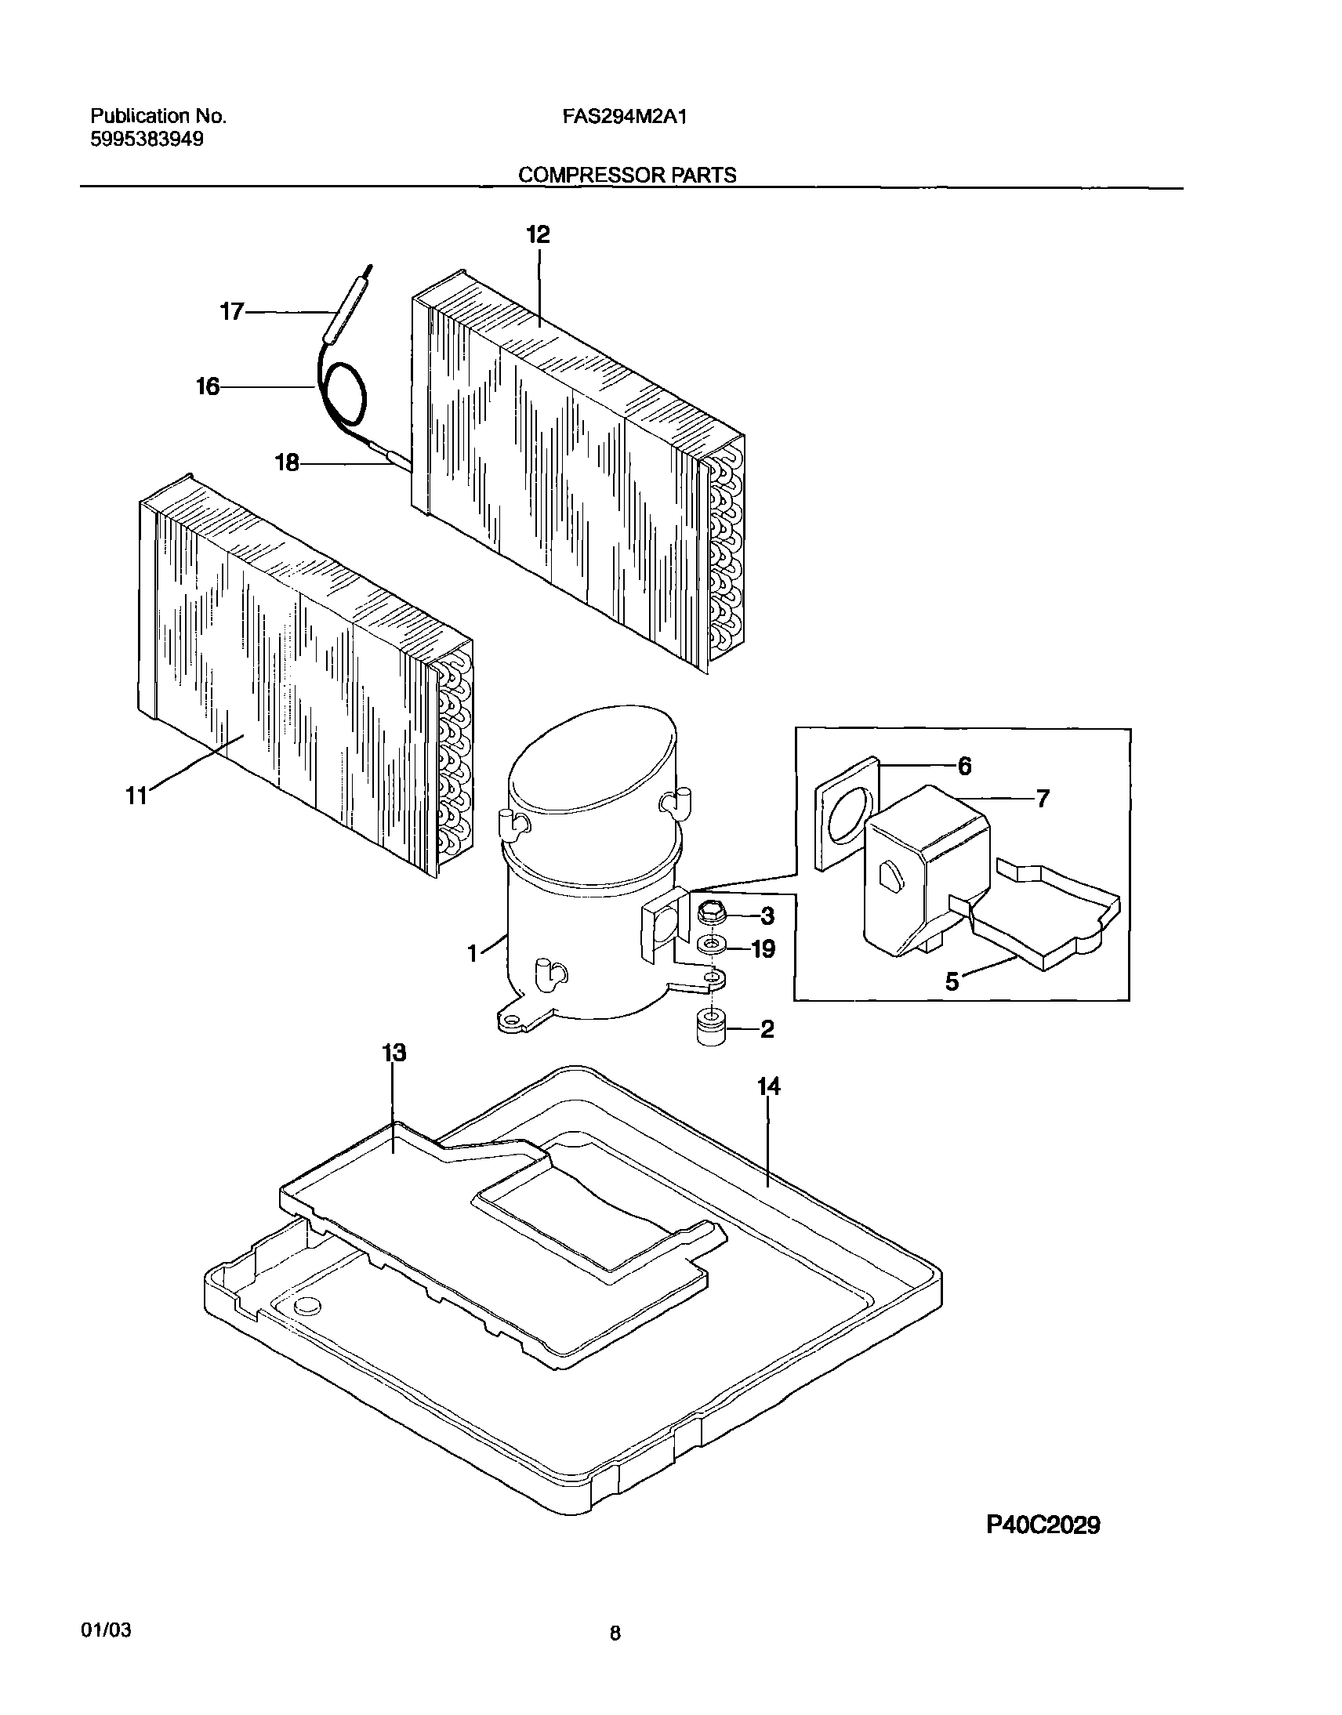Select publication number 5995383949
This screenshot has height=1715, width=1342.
147,139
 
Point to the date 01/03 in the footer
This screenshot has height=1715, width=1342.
106,1652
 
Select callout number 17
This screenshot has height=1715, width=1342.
232,312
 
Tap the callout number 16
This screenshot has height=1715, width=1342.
209,386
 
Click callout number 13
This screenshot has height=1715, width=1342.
394,1053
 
